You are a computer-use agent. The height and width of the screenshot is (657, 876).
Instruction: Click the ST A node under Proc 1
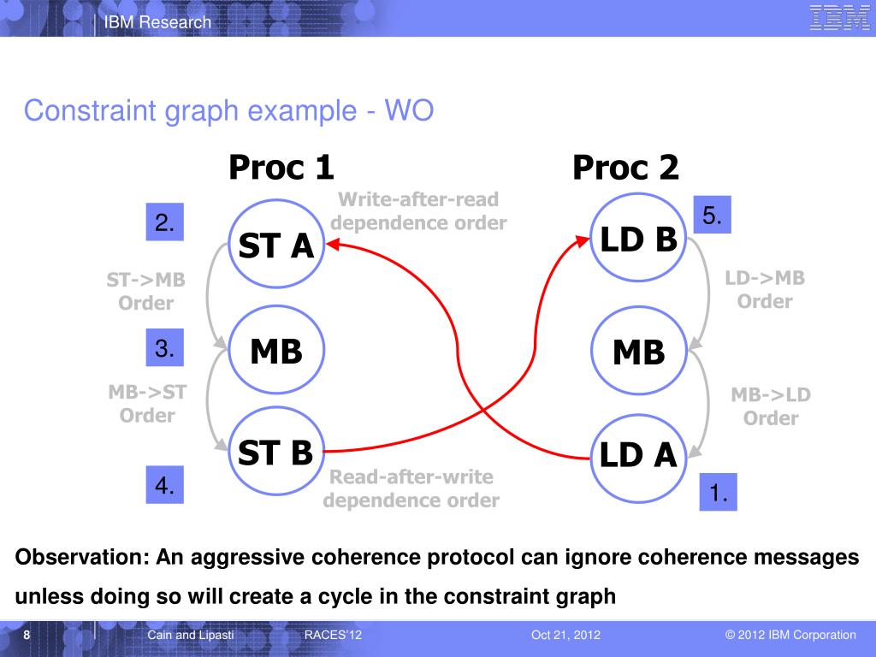[x=275, y=246]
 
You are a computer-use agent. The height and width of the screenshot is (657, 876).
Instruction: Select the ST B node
[x=275, y=453]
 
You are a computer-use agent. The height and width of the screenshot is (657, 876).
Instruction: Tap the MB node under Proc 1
[x=275, y=351]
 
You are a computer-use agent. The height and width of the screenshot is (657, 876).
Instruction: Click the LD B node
[x=638, y=240]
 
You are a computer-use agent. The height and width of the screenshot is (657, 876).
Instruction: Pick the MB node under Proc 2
[x=638, y=352]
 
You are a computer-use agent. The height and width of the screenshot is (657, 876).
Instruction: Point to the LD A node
[x=638, y=455]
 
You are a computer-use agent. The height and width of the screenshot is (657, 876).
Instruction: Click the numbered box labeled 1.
[x=718, y=492]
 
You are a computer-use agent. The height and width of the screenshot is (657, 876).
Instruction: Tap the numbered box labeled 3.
[x=164, y=347]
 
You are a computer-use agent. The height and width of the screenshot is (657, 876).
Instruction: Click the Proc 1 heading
[x=281, y=168]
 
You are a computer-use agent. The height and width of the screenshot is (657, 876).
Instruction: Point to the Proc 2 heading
[x=625, y=168]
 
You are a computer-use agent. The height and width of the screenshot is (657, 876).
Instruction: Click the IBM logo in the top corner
[x=839, y=18]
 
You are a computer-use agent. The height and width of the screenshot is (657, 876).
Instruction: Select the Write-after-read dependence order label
[x=419, y=211]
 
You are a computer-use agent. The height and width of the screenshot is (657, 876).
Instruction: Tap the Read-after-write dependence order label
[x=411, y=488]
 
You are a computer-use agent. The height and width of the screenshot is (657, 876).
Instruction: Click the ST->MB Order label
[x=145, y=291]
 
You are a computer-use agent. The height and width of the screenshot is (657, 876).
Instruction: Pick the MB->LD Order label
[x=770, y=406]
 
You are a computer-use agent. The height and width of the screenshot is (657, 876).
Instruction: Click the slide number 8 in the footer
[x=27, y=635]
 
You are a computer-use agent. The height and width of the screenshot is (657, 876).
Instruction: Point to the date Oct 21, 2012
[x=565, y=635]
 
